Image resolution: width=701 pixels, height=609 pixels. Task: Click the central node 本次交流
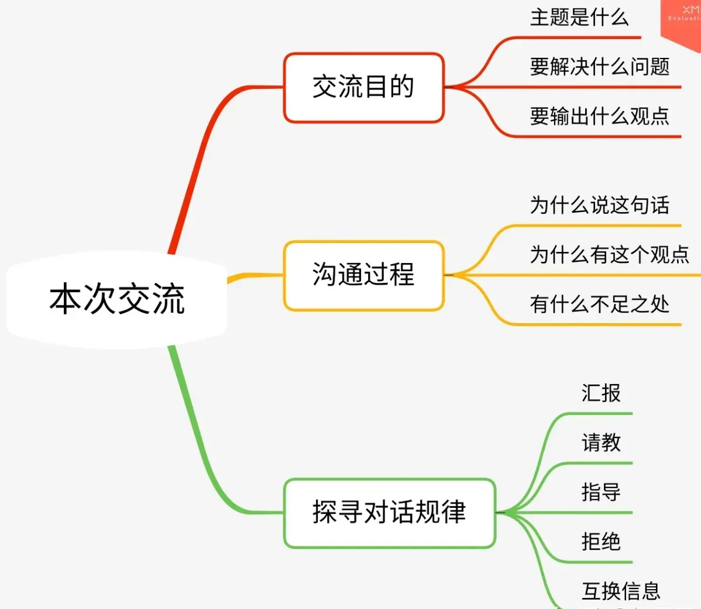coord(117,299)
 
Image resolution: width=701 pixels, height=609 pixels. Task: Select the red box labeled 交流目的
coord(363,88)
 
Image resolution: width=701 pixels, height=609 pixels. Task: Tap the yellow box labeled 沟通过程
coord(363,275)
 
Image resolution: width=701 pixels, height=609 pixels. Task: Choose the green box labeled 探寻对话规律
coord(389,513)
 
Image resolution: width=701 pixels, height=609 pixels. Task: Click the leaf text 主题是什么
coord(579,18)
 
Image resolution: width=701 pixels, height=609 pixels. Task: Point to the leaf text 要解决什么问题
coord(600,67)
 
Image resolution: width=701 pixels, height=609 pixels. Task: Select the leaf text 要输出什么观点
coord(600,116)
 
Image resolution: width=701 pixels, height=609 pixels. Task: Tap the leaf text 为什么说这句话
coord(600,205)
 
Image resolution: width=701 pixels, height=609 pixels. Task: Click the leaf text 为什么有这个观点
coord(610,255)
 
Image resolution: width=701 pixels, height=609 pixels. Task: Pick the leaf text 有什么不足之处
coord(600,304)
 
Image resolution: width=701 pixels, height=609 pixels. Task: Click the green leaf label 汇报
coord(601,393)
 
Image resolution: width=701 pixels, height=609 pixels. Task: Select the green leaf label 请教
coord(601,442)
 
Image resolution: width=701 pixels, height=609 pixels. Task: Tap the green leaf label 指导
coord(601,492)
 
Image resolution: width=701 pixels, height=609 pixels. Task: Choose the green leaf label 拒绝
coord(601,542)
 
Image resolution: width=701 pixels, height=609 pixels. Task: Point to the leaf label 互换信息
coord(621,591)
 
